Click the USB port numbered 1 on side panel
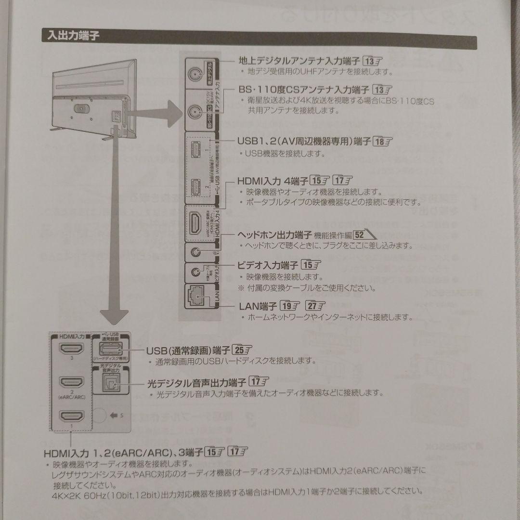[x=195, y=149]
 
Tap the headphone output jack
[x=195, y=251]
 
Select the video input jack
[x=195, y=272]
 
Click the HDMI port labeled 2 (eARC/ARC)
[x=71, y=382]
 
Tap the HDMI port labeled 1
[x=71, y=416]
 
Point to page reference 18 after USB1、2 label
[x=383, y=142]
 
